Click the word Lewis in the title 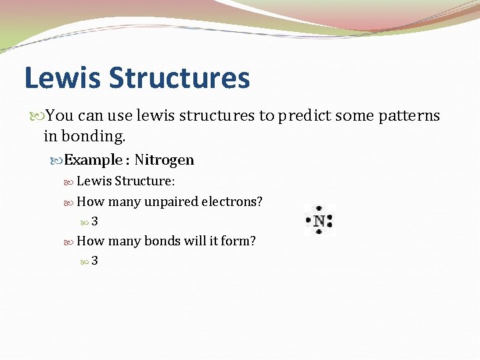click(62, 78)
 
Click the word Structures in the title click(179, 78)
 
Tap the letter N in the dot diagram click(319, 221)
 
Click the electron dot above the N click(319, 208)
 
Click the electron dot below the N click(319, 233)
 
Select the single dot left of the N click(308, 221)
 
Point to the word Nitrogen click(164, 160)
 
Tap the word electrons click(236, 201)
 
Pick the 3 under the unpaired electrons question click(95, 221)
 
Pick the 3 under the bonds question click(95, 261)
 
